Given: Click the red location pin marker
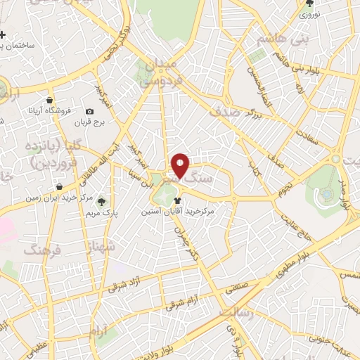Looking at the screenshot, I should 180,166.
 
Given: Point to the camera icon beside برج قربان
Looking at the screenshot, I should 89,111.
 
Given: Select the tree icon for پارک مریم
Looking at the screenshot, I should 105,201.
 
